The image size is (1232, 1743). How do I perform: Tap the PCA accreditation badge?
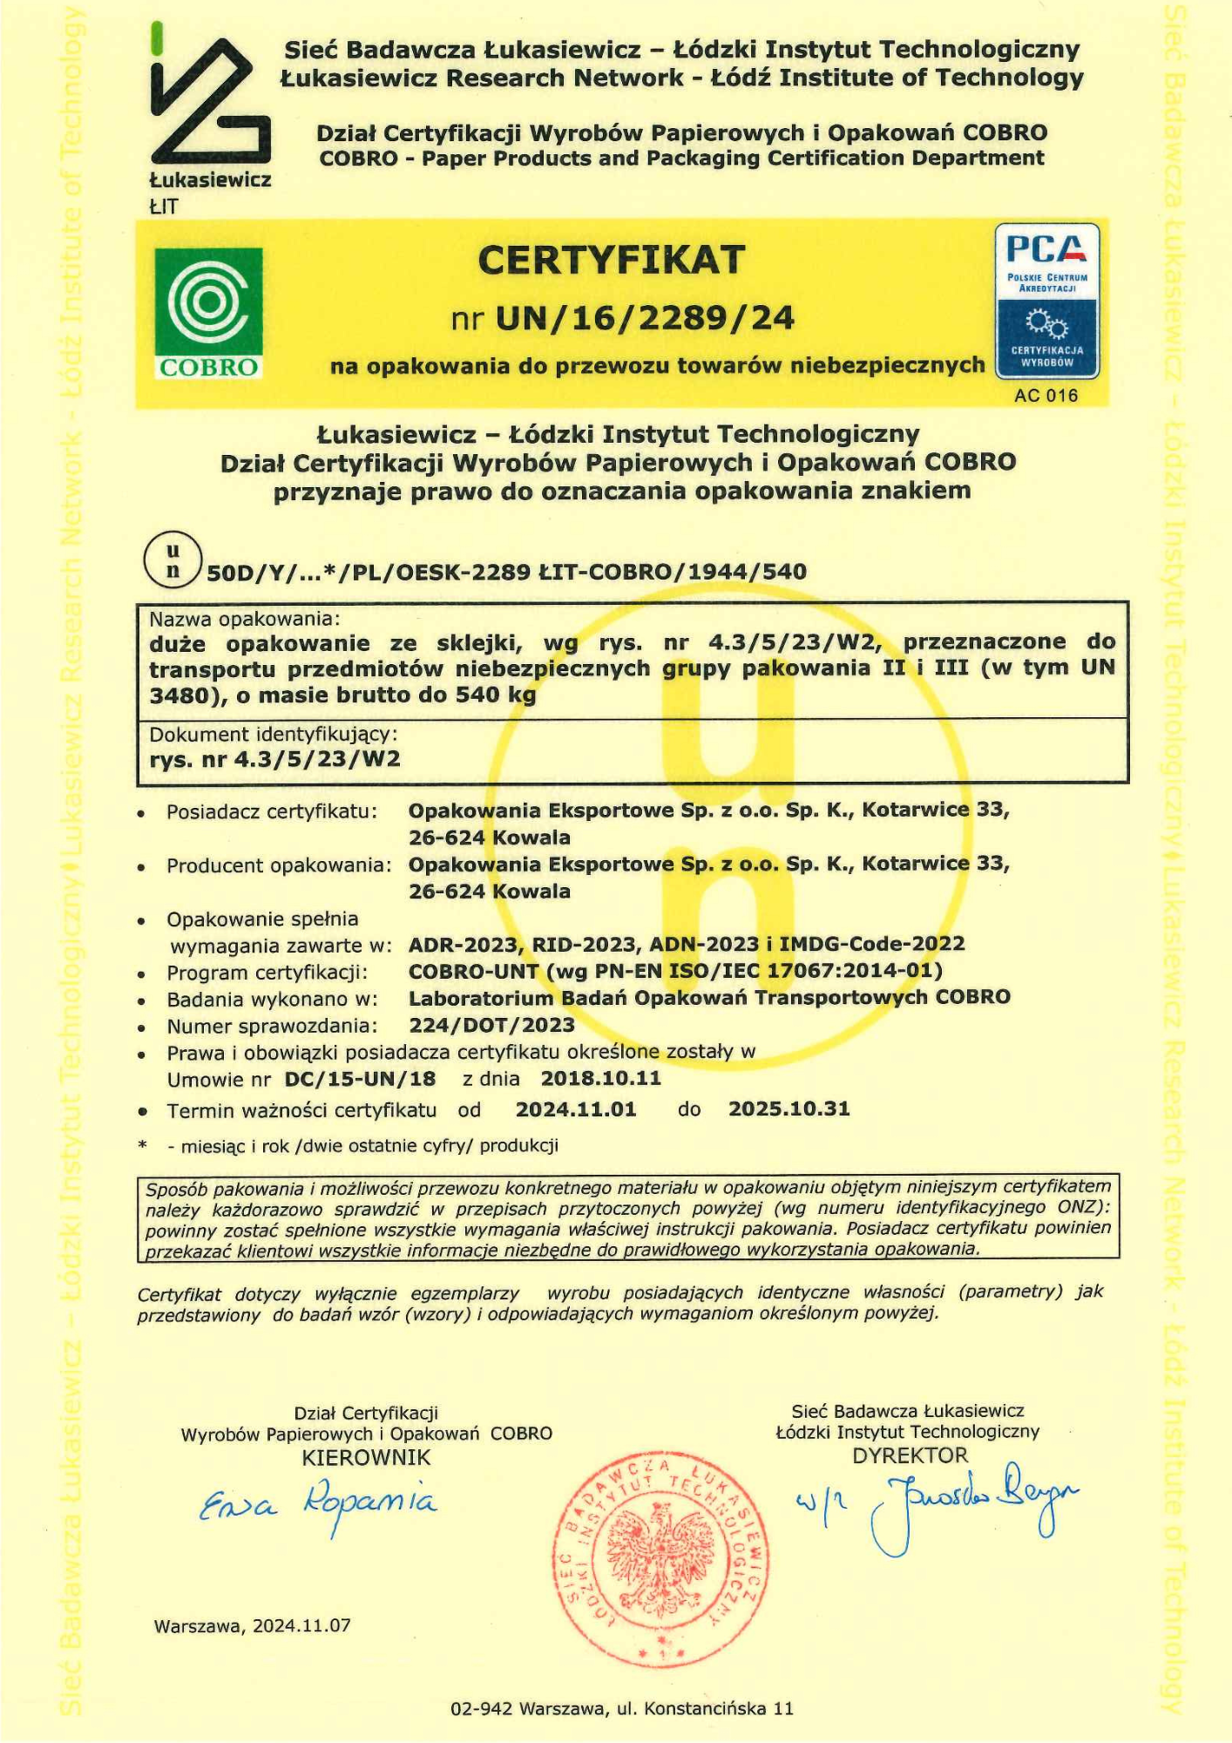1046,301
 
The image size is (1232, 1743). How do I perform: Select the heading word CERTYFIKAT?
612,260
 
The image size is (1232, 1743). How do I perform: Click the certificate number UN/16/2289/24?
644,319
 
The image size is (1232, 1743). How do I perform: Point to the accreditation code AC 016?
1046,396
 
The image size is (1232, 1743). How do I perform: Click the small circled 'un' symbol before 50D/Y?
173,560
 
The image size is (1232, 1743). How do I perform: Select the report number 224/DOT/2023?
491,1025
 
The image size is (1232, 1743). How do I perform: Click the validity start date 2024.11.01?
576,1109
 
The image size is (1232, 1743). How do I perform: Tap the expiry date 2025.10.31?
789,1109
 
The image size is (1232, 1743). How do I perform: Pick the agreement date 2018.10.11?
600,1078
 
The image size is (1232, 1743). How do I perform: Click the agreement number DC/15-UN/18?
360,1079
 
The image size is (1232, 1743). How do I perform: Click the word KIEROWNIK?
366,1457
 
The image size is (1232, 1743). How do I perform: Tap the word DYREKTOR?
910,1455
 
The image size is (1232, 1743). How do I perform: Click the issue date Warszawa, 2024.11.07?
252,1625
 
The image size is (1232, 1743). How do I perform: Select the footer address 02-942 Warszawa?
622,1708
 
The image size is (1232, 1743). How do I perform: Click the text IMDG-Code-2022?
871,944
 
